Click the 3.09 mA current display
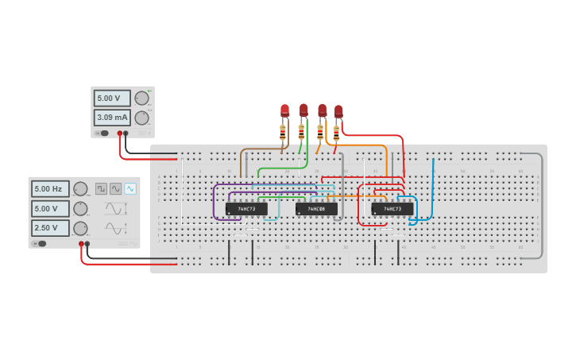click(112, 118)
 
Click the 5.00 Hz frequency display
click(50, 188)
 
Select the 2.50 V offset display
click(50, 228)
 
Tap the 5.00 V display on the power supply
click(112, 99)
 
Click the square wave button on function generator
click(102, 188)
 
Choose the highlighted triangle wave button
click(130, 188)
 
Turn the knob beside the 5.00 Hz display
click(80, 188)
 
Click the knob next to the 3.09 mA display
click(141, 118)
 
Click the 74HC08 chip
click(316, 209)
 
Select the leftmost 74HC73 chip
click(246, 209)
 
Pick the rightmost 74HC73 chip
click(392, 209)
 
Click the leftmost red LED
click(284, 110)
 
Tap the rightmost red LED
click(338, 110)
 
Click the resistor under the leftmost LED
click(282, 132)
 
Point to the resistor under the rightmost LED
click(336, 132)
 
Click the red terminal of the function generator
click(81, 244)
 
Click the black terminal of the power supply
click(126, 134)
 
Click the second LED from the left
click(303, 109)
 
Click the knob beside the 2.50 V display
click(80, 228)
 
